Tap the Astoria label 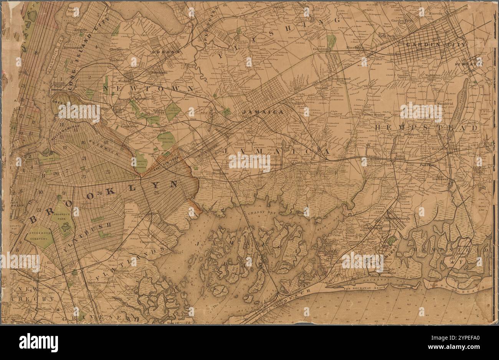pyautogui.click(x=81, y=30)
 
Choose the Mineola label pyautogui.click(x=435, y=13)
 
